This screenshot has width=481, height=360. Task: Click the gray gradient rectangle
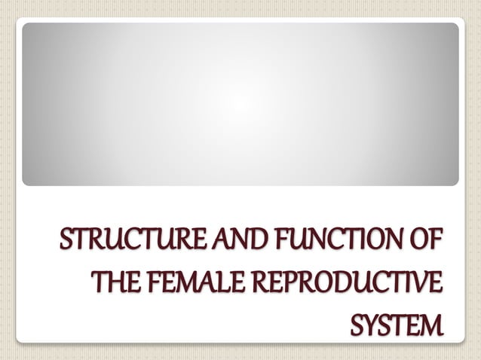240,104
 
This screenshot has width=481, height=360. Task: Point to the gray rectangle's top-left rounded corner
26,26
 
